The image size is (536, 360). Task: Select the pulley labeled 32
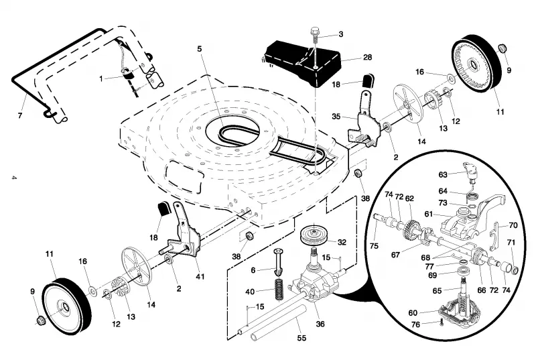314,236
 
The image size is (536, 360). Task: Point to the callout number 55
301,338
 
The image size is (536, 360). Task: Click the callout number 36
320,323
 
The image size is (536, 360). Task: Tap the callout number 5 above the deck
200,49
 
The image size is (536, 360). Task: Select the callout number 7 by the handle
20,115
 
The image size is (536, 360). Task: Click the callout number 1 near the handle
101,79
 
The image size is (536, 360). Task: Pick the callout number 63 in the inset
443,175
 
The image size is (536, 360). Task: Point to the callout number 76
415,324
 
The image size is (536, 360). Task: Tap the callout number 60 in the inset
413,313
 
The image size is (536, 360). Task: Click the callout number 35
336,116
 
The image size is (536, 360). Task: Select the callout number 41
200,276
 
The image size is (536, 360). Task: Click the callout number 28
367,57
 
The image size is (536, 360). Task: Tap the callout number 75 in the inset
374,246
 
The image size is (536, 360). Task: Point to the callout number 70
513,225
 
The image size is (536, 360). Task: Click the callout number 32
342,242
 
